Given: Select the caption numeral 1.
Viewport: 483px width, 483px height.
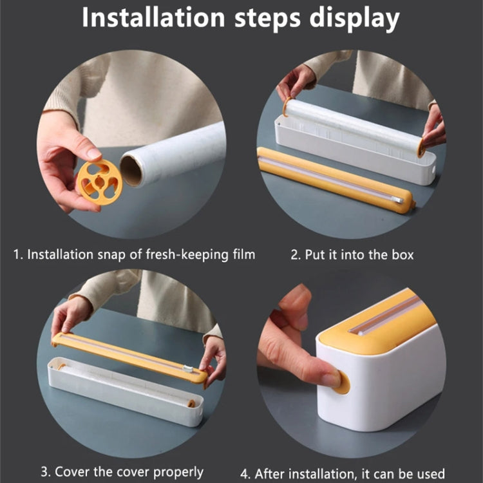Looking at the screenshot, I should click(17, 254).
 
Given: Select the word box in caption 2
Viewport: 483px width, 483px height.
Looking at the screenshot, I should click(399, 254).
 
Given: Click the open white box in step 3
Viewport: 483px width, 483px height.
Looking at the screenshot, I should click(122, 390).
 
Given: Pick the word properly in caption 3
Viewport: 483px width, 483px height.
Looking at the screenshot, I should click(174, 471).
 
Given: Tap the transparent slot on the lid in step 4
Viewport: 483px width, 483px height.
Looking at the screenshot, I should click(386, 316).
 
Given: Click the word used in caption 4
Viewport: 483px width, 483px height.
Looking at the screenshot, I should click(428, 471).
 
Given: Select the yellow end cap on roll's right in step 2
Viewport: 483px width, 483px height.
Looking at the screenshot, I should click(421, 147).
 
